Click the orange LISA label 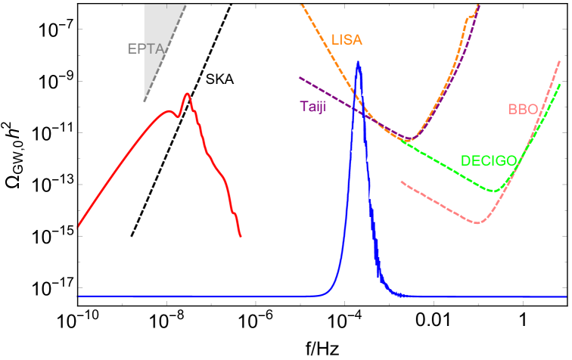347,39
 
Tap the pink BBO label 522,109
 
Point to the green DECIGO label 489,160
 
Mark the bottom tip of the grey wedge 145,101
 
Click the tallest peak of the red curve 187,94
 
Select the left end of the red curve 79,225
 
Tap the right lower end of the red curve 241,237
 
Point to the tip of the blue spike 358,62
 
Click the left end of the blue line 79,296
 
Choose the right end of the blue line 566,296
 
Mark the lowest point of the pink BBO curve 477,223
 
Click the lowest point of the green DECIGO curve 495,191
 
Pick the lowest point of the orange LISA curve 408,138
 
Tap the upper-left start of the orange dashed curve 302,5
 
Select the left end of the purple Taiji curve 300,77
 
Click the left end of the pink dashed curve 401,182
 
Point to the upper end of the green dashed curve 561,85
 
